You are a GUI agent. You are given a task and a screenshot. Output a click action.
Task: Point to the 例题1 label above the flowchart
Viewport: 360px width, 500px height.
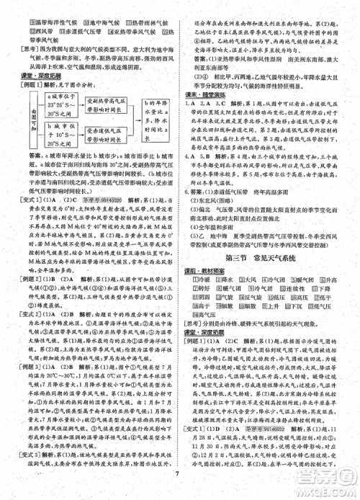(x=32, y=85)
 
